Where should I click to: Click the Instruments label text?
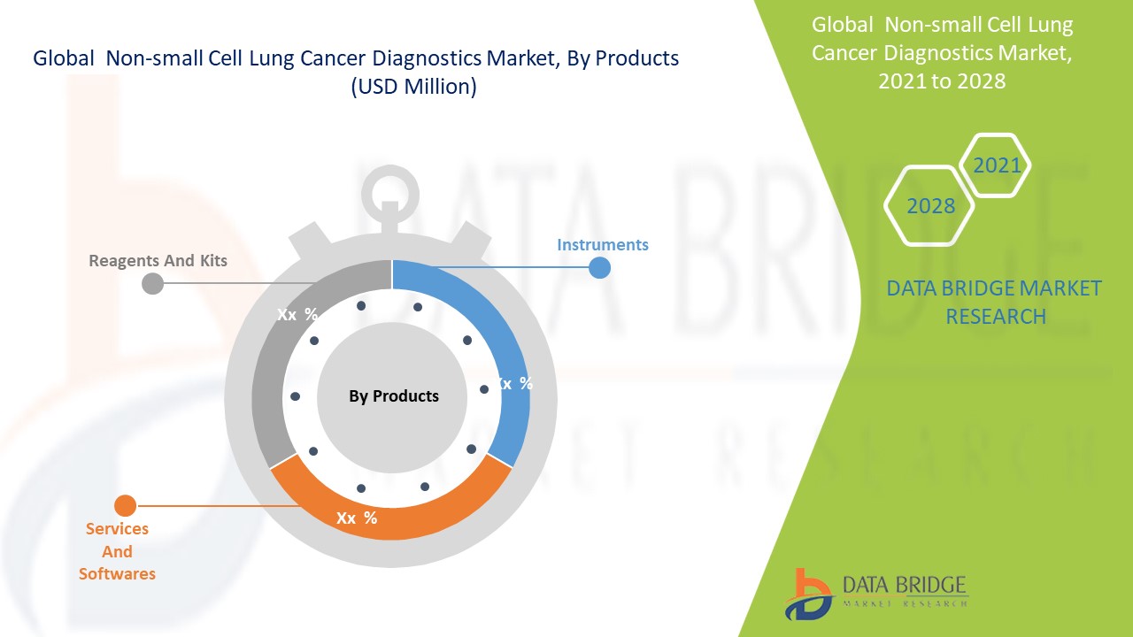point(603,245)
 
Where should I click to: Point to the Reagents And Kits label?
point(158,260)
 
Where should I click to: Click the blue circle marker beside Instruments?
point(599,267)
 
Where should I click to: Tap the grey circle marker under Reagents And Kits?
point(152,284)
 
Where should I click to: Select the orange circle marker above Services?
point(125,505)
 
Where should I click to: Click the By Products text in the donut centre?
point(394,395)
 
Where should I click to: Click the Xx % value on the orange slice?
point(357,518)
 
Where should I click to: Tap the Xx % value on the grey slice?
point(297,314)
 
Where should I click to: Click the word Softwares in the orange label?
point(117,574)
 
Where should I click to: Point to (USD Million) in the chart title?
point(413,87)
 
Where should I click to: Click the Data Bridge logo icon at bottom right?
point(808,595)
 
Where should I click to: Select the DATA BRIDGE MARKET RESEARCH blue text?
point(994,303)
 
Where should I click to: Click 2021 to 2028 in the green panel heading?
point(942,81)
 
